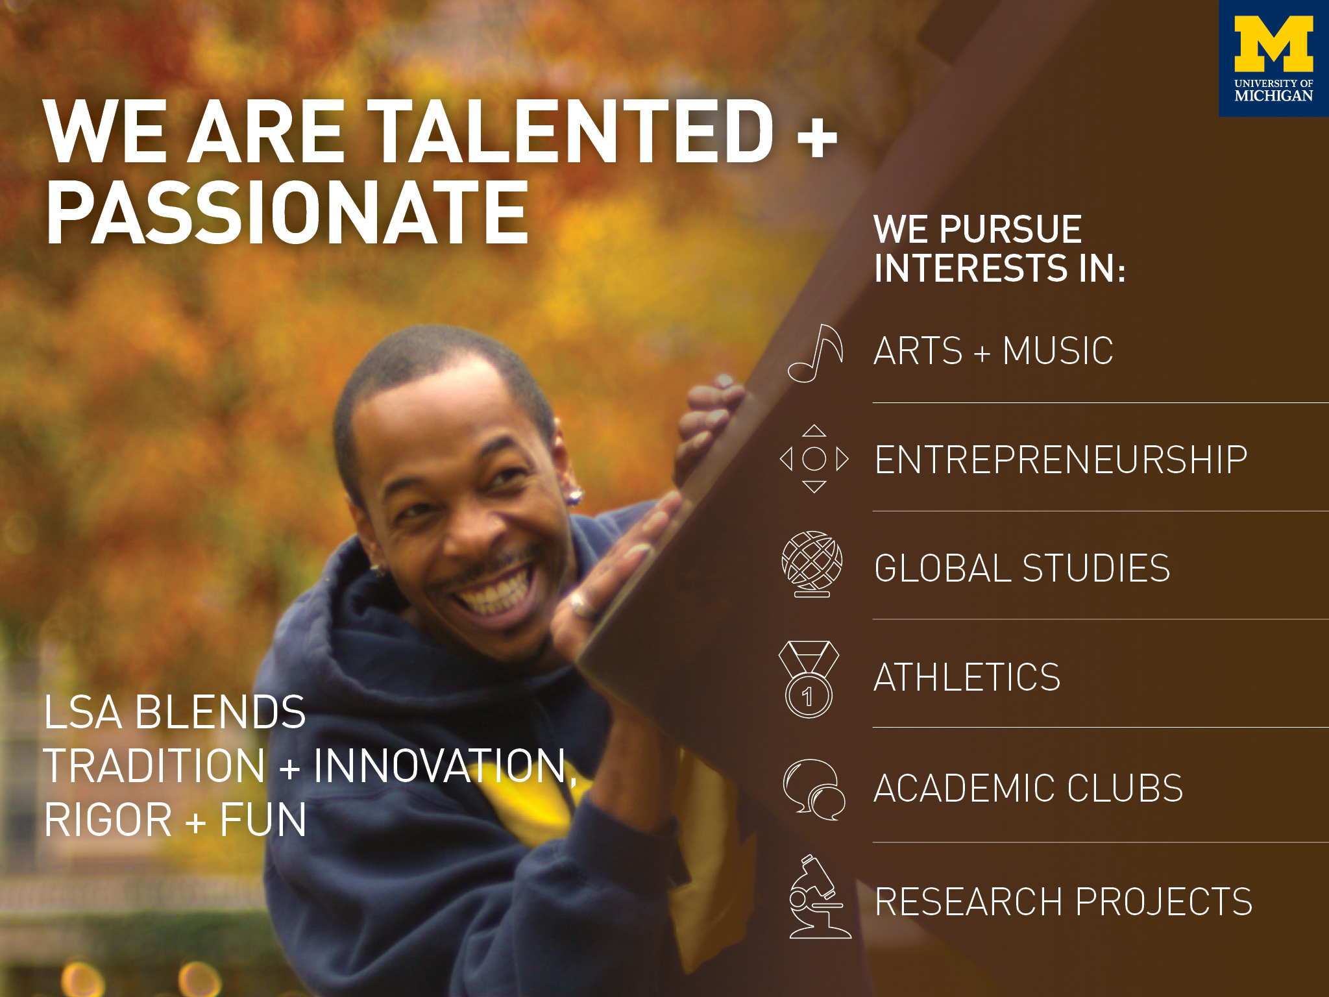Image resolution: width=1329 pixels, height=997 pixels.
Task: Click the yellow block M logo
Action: pyautogui.click(x=1273, y=43)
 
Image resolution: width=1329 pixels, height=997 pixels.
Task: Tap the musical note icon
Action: pyautogui.click(x=816, y=353)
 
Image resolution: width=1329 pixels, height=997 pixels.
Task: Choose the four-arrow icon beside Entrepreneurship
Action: pyautogui.click(x=814, y=459)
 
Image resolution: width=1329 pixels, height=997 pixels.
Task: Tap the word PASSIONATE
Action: pyautogui.click(x=287, y=213)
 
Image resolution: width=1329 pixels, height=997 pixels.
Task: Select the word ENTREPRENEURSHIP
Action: pyautogui.click(x=1060, y=460)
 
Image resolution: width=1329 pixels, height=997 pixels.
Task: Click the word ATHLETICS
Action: pyautogui.click(x=967, y=678)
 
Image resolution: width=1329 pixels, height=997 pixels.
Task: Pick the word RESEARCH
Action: pyautogui.click(x=969, y=902)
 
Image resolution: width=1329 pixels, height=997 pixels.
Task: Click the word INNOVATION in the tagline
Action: pyautogui.click(x=442, y=766)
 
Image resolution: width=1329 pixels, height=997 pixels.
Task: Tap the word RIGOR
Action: pyautogui.click(x=108, y=820)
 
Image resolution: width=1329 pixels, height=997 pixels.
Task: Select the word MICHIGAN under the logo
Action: pyautogui.click(x=1273, y=96)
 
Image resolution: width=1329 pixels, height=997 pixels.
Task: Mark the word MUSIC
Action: pyautogui.click(x=1058, y=351)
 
